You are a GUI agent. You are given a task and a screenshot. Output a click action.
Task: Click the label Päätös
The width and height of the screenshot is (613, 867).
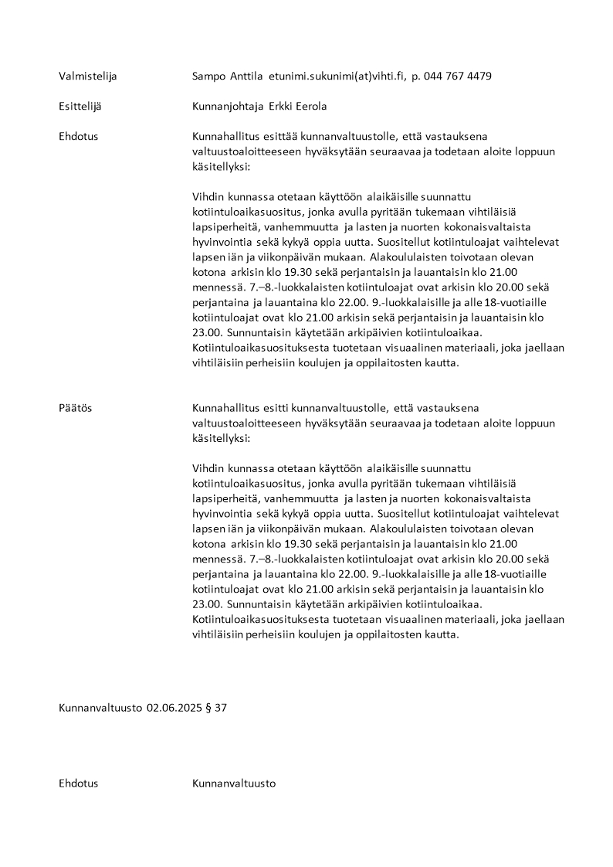click(75, 408)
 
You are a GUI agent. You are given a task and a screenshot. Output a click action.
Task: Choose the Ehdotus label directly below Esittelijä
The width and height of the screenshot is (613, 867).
click(78, 136)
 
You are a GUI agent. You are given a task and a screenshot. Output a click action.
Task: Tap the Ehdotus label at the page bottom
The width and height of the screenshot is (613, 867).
click(78, 783)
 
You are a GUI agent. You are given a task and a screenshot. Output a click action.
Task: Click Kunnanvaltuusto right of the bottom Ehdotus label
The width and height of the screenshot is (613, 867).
click(234, 783)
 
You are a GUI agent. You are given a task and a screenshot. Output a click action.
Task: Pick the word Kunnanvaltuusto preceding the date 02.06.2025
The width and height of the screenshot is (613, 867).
click(100, 707)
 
